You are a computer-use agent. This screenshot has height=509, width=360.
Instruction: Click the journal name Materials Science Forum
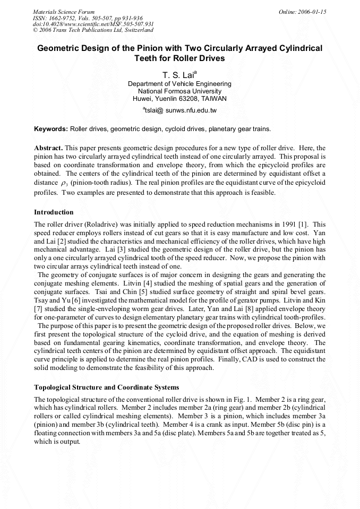[64, 12]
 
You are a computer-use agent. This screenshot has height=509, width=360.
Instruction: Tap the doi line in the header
[93, 24]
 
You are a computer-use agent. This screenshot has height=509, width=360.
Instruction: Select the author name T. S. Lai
[178, 75]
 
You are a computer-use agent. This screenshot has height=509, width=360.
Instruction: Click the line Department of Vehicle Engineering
[179, 84]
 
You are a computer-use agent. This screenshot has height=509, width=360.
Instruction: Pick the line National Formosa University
[179, 91]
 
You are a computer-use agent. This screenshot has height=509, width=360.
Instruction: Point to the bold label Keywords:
[51, 129]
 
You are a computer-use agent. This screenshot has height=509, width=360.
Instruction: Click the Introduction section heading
[54, 212]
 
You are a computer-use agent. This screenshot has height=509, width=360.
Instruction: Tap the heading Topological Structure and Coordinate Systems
[106, 387]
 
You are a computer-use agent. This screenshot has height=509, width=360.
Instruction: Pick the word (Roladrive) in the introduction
[96, 224]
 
